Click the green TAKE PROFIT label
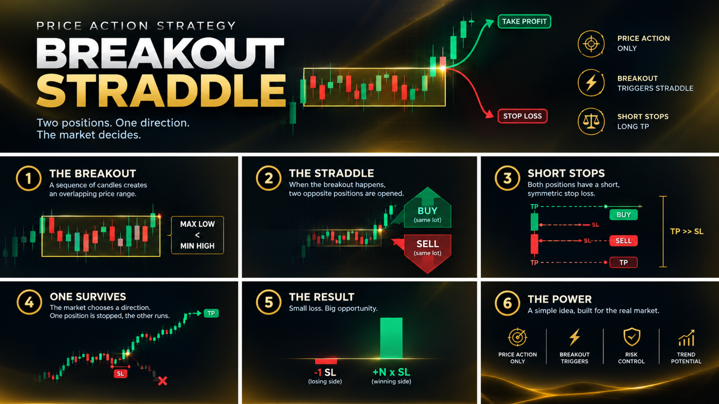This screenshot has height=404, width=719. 524,21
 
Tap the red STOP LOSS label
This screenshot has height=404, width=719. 522,116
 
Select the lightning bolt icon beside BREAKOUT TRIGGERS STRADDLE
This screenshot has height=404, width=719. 591,83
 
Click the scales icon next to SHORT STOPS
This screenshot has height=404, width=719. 591,121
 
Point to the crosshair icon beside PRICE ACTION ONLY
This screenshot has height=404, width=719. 591,44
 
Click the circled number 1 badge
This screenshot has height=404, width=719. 28,179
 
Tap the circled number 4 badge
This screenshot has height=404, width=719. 29,302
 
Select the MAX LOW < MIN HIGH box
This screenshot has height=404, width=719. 197,235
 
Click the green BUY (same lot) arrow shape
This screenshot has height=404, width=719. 427,208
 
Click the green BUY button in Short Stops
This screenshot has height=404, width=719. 624,215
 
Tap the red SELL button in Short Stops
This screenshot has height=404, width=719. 624,241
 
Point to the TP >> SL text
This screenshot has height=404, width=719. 687,232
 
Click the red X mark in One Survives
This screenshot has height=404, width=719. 163,381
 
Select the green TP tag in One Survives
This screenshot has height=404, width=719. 211,313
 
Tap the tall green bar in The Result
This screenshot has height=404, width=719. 391,338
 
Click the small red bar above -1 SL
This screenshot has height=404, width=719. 326,361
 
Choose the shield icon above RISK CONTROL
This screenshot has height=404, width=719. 631,337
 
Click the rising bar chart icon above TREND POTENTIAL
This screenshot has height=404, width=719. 687,338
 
